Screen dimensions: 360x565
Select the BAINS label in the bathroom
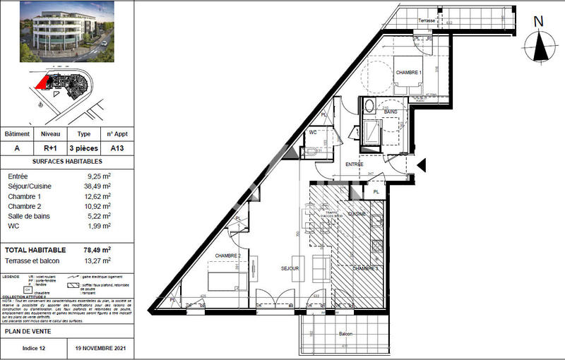pos(391,112)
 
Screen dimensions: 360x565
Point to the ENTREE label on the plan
pos(355,164)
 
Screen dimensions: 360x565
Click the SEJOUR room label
pos(290,269)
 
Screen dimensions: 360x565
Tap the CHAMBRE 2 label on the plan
pos(228,256)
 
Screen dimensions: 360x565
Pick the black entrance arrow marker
pos(422,165)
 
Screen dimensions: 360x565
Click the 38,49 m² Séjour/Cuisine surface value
pos(99,186)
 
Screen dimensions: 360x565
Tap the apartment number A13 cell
pos(116,149)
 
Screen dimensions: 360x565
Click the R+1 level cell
pos(51,149)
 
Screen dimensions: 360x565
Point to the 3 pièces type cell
pos(83,149)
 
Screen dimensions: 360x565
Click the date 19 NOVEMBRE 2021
pos(100,348)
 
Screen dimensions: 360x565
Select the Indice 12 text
pos(34,348)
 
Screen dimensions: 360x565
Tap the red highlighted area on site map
pos(43,83)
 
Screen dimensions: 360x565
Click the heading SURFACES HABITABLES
pos(66,162)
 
